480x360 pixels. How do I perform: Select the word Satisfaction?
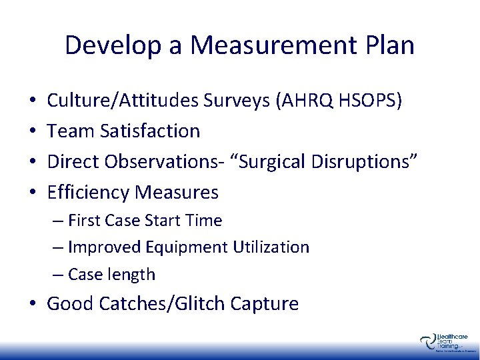[x=151, y=131]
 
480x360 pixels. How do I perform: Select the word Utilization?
[x=271, y=247]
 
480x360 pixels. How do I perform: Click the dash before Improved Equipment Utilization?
[x=58, y=247]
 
